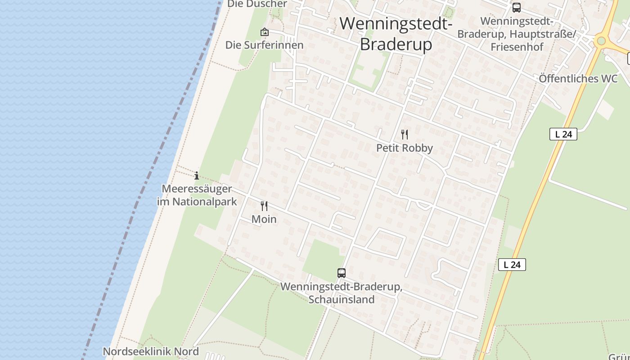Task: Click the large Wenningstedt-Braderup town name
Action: [396, 34]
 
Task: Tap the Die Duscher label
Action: [257, 4]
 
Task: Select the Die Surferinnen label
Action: [264, 45]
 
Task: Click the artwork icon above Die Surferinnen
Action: [265, 32]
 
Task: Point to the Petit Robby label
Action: [404, 148]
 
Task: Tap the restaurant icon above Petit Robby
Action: [405, 134]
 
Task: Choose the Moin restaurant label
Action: [264, 219]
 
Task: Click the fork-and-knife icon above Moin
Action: [264, 206]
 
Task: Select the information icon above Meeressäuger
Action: [196, 175]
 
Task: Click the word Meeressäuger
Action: [197, 189]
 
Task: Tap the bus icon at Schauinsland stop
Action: [342, 273]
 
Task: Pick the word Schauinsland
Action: [342, 299]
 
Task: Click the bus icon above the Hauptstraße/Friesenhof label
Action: [517, 8]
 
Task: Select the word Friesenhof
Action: [517, 47]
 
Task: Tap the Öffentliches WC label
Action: [578, 79]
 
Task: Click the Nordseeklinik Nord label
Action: [151, 351]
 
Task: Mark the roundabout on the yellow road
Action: [601, 41]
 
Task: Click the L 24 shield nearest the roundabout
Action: [563, 134]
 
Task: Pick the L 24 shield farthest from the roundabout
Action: [512, 265]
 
